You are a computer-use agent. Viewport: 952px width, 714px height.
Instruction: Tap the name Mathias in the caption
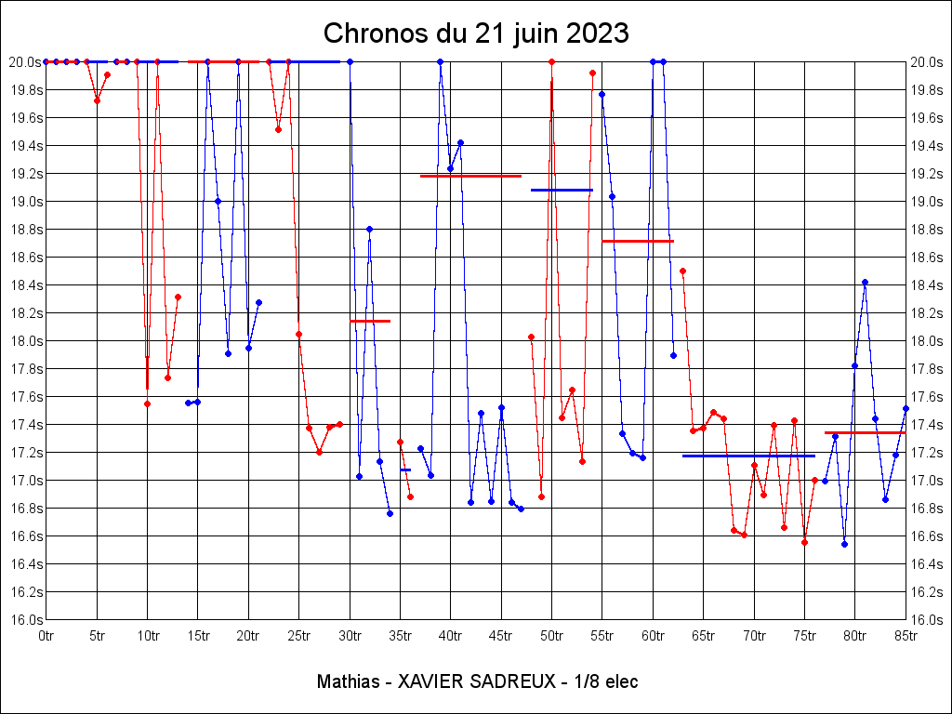[x=347, y=681]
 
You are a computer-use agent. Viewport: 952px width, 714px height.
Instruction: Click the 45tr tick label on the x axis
[x=500, y=636]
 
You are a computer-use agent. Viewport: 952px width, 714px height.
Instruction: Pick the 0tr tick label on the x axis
[x=46, y=636]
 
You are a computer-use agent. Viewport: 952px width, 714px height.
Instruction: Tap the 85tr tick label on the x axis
[x=906, y=636]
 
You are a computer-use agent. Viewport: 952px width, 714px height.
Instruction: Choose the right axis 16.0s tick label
[x=927, y=620]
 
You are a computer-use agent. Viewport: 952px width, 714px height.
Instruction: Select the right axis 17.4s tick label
[x=927, y=425]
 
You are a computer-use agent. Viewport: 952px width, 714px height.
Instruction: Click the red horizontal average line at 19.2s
[x=470, y=176]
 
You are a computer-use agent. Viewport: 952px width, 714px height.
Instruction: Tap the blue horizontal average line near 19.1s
[x=562, y=190]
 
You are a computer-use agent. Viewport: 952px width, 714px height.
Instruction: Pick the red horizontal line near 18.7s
[x=638, y=241]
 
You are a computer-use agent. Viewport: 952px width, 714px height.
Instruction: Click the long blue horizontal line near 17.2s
[x=748, y=456]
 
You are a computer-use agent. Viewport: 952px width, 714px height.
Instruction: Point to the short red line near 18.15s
[x=370, y=321]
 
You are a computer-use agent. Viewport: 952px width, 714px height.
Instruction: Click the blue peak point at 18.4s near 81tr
[x=865, y=282]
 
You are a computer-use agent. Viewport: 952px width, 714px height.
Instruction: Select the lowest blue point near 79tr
[x=844, y=544]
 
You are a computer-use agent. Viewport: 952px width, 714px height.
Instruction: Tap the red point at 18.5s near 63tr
[x=682, y=271]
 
